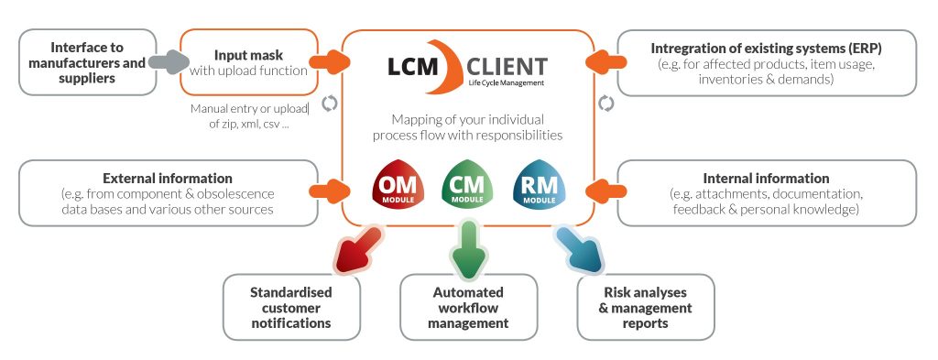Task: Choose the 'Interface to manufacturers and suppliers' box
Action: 84,62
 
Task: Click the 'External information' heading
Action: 168,178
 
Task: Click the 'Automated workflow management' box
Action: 469,308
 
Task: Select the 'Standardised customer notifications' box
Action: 291,308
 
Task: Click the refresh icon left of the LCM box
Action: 330,104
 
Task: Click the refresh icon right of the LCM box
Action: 605,104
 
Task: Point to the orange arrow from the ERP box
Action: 601,62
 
